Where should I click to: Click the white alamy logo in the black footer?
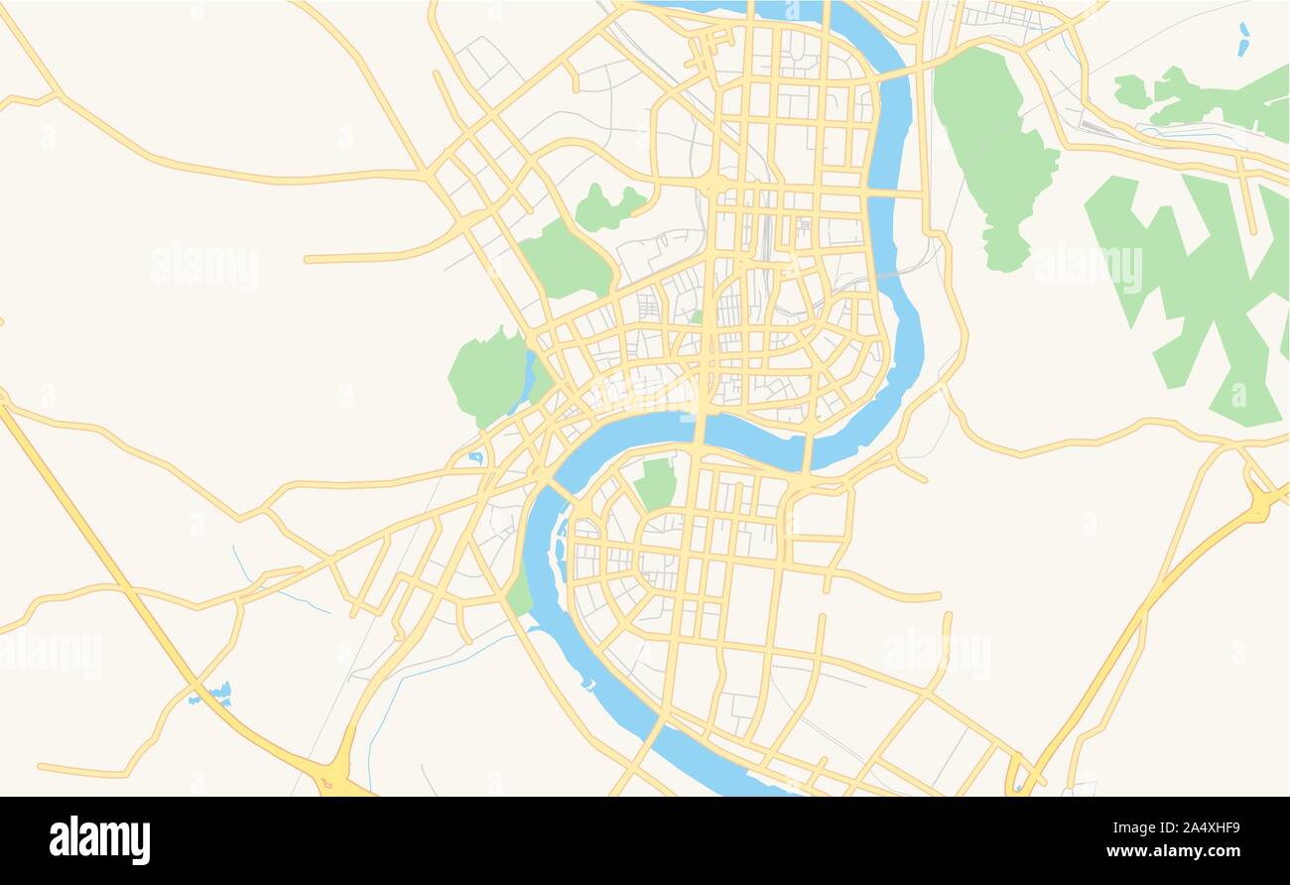pos(99,839)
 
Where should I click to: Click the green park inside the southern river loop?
pos(656,483)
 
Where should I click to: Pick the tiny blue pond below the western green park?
pos(476,457)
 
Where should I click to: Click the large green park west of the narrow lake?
pos(487,376)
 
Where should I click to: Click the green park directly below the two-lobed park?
pos(564,261)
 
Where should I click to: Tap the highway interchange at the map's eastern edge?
pos(1258,503)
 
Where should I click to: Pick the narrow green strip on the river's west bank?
pos(519,592)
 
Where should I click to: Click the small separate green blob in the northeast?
pos(1130,91)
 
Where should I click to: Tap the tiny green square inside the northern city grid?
pos(696,317)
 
